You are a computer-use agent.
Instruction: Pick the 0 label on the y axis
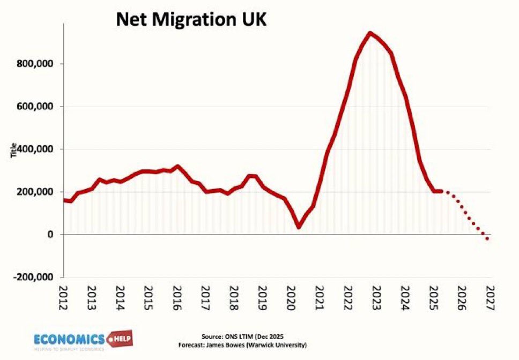[51, 235]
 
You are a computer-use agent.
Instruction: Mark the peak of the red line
[370, 33]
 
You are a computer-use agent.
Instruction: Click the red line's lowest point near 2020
[299, 227]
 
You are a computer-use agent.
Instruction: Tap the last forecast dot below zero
[487, 238]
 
